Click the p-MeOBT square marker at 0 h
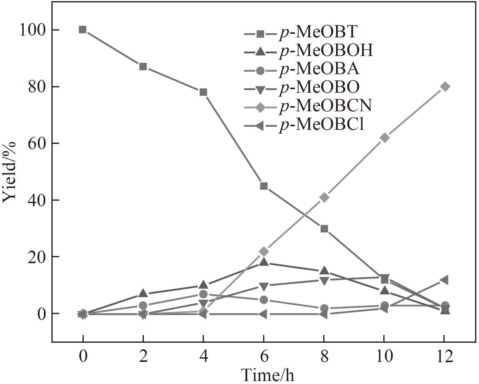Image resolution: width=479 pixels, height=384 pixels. tap(83, 30)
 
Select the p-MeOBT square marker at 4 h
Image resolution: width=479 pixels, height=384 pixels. tap(203, 92)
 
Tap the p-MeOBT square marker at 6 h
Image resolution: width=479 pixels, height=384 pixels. tap(264, 186)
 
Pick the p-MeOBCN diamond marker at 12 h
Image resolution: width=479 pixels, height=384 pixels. tap(445, 87)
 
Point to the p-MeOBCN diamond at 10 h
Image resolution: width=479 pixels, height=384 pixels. tap(385, 138)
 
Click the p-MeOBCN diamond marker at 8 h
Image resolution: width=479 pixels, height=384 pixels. tap(324, 197)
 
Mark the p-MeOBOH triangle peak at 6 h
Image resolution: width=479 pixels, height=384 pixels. tap(264, 262)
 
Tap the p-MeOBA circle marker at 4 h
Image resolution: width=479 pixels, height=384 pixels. tap(203, 294)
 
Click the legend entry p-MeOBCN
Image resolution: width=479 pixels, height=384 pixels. tap(325, 106)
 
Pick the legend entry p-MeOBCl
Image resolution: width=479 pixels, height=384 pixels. tap(321, 124)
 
